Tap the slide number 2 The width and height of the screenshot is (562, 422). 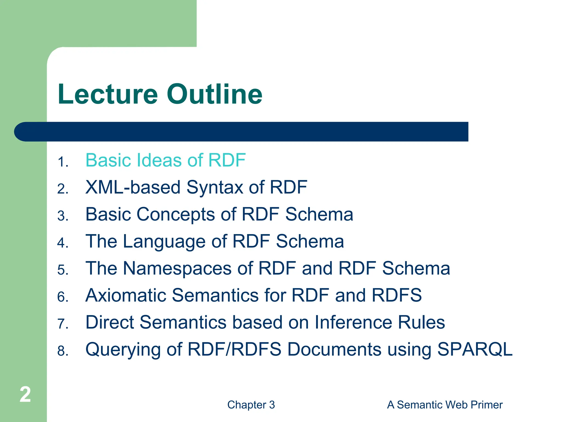point(25,395)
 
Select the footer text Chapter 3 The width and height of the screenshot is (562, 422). point(251,405)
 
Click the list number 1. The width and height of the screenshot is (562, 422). point(62,162)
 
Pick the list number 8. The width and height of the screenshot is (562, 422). point(63,351)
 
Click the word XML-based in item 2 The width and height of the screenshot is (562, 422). point(133,187)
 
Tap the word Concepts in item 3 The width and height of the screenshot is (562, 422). point(176,214)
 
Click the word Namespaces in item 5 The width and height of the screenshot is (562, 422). point(177,268)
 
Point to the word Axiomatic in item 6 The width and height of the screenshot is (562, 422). point(126,295)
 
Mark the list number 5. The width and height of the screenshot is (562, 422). point(63,270)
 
